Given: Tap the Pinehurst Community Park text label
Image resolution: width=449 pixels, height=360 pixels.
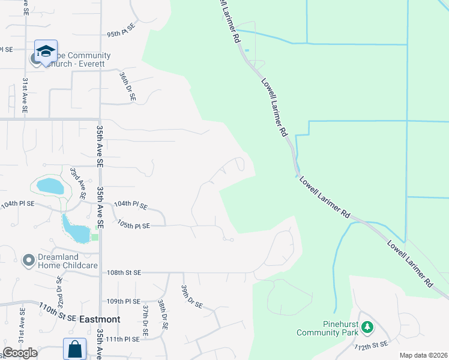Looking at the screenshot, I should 327,327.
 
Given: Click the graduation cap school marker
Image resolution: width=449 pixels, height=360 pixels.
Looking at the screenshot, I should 46,52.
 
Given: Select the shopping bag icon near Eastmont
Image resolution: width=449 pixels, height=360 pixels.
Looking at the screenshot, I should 75,349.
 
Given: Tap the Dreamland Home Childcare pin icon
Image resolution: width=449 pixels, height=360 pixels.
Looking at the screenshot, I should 28,260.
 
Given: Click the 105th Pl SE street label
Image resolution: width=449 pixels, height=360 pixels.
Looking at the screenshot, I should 133,226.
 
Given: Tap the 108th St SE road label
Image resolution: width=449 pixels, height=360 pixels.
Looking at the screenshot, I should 124,272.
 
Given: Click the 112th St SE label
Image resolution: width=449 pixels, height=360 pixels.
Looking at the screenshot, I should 371,346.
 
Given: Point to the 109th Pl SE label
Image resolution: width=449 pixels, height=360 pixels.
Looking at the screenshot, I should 123,301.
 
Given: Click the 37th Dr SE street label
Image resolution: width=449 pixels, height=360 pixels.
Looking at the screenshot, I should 145,319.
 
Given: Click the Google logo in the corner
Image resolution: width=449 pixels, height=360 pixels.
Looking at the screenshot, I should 19,353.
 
